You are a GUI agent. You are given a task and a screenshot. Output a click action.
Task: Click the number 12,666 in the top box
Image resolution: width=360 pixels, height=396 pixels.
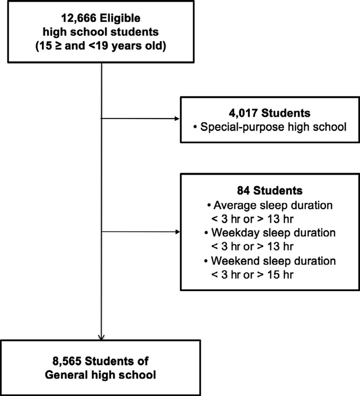point(78,19)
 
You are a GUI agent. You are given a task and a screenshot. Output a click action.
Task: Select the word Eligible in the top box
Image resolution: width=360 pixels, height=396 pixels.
point(120,18)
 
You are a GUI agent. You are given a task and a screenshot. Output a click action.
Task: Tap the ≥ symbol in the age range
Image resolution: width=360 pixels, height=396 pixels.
point(58,46)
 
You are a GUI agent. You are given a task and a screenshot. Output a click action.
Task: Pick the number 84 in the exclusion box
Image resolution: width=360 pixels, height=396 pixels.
point(244,191)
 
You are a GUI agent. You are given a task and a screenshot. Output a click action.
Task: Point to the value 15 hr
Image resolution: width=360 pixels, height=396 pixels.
point(281,275)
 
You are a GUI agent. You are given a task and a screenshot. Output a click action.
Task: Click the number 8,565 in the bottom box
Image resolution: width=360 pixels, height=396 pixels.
point(67,362)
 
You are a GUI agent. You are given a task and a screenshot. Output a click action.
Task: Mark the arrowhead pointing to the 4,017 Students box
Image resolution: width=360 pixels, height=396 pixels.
point(177,119)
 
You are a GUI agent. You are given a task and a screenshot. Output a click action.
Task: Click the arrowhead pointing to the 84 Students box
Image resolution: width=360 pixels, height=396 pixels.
point(177,232)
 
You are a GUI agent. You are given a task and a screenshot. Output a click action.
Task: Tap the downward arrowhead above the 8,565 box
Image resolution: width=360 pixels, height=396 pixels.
point(101,337)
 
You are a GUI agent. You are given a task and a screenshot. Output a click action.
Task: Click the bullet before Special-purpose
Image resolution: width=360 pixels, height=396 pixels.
point(195,127)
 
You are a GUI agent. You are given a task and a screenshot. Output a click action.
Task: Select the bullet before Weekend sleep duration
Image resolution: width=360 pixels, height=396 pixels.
point(206,261)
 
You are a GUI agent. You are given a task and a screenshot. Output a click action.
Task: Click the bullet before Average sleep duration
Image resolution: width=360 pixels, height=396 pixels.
point(209,205)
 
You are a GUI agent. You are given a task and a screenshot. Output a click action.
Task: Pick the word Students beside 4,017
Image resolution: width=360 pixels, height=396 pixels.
point(286,113)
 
